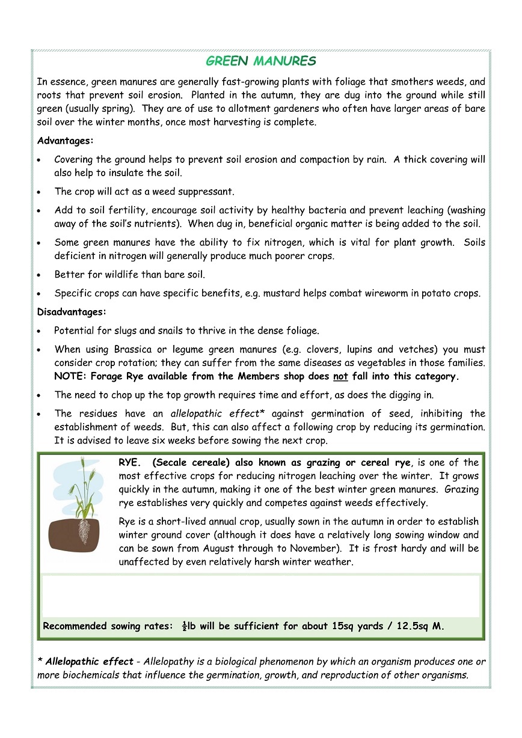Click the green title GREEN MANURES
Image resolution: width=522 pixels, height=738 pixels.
(260, 61)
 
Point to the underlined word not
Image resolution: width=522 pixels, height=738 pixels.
(340, 377)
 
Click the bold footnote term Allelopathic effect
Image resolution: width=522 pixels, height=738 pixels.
(89, 662)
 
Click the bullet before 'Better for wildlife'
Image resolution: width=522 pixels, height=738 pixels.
(40, 275)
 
